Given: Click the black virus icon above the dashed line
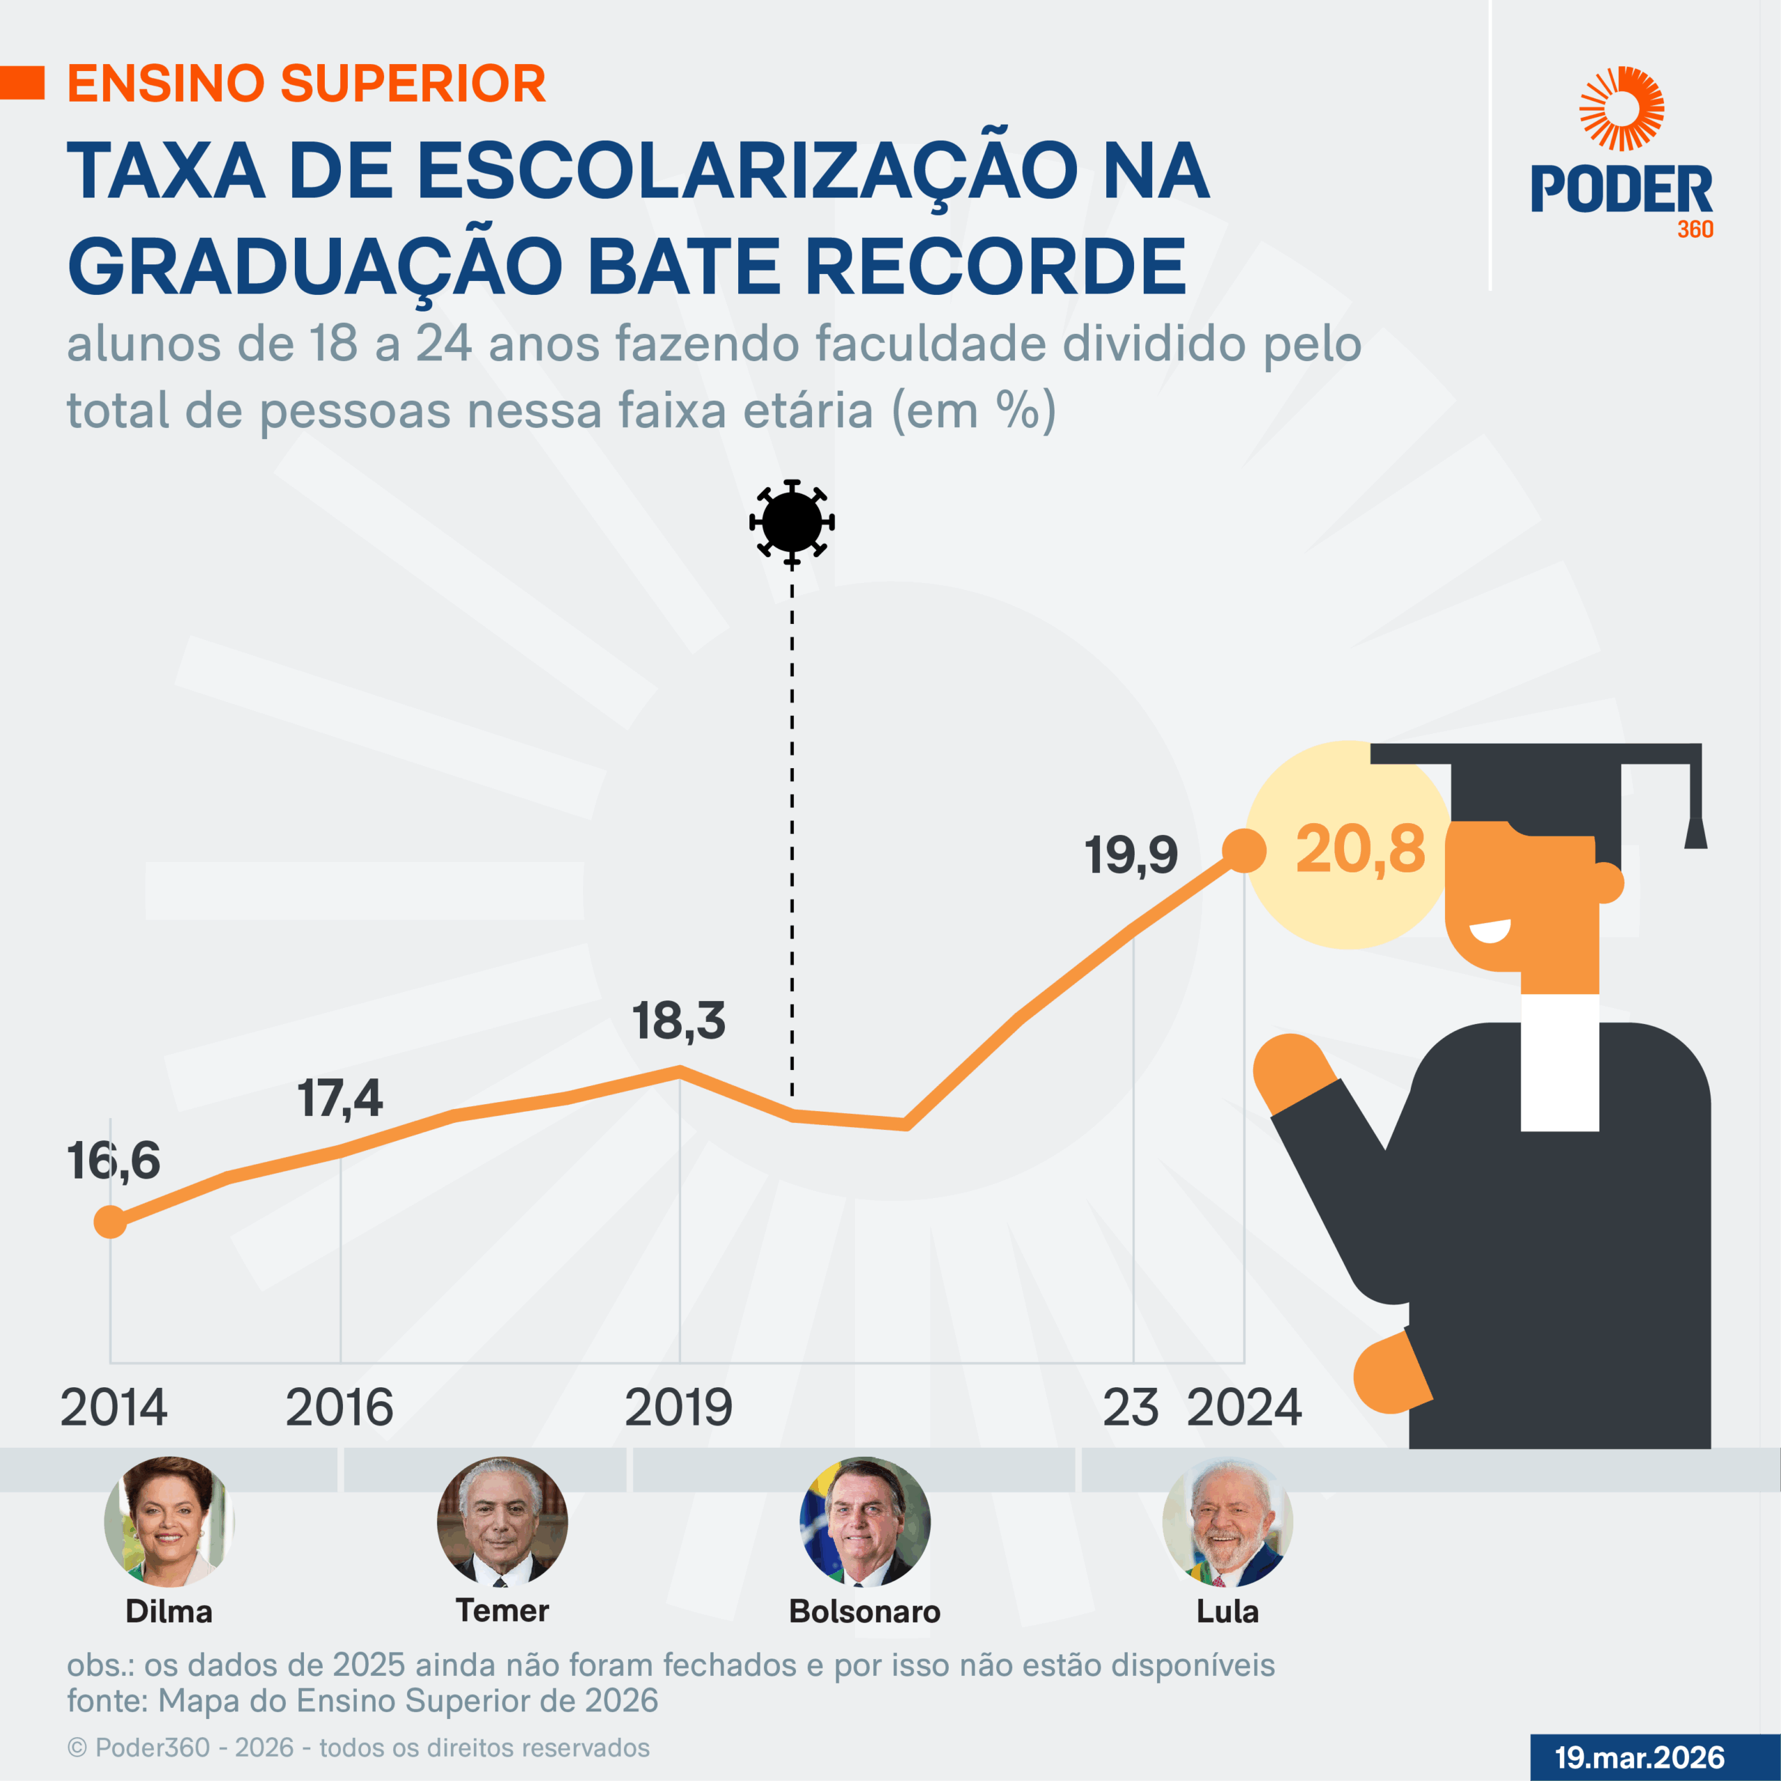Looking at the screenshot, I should point(792,522).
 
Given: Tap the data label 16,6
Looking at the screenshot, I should point(113,1160).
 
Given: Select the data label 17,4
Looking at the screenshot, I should point(340,1098).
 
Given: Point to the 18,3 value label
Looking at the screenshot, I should point(678,1021).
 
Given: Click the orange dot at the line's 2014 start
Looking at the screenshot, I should point(111,1222).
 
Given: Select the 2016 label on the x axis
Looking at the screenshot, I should point(340,1407).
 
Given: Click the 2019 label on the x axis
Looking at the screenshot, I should point(678,1407).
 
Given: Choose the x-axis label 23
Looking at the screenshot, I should point(1131,1407).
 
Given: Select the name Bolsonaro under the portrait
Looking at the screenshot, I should point(865,1611).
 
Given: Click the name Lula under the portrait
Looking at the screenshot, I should point(1227,1611).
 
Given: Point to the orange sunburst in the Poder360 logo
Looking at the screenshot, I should point(1622,109).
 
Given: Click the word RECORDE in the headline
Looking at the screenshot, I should point(995,266).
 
